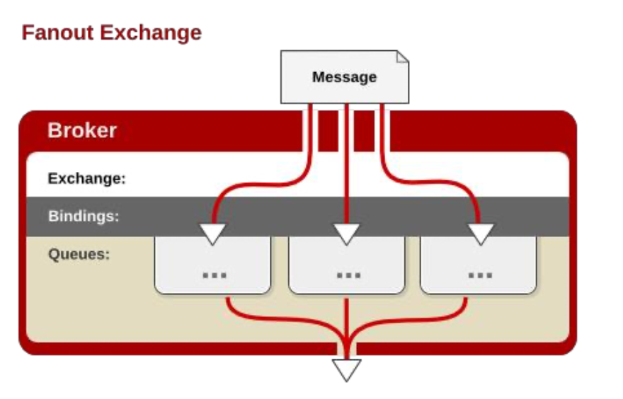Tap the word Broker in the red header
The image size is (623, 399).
(82, 131)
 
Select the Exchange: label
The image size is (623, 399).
(86, 179)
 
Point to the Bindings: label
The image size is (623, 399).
(84, 216)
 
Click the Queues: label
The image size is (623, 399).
(79, 254)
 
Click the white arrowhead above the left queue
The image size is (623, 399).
(212, 233)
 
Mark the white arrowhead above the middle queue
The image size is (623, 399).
(346, 233)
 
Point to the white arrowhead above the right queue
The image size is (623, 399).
(481, 233)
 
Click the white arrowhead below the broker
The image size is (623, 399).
(346, 369)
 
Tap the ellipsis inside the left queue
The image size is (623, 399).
(214, 274)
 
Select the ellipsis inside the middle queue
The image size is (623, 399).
(348, 274)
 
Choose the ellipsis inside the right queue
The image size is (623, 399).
(480, 274)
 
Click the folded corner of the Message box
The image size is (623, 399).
(402, 57)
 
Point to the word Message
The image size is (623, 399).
(344, 77)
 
